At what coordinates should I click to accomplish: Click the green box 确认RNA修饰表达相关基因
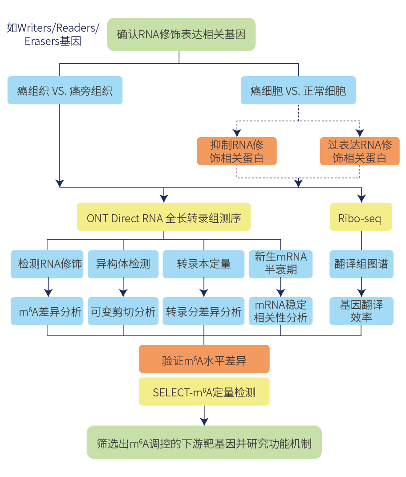(x=181, y=34)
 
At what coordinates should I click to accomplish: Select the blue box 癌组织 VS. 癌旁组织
(x=65, y=90)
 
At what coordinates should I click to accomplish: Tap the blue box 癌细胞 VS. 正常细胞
(x=298, y=90)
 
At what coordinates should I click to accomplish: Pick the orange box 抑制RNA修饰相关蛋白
(x=237, y=151)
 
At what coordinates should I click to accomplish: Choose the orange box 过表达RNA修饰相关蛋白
(x=360, y=151)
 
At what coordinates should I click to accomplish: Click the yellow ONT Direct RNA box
(x=164, y=217)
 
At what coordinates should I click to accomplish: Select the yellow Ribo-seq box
(x=361, y=217)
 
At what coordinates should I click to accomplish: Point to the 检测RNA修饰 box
(x=47, y=264)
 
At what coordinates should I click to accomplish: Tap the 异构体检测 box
(x=123, y=264)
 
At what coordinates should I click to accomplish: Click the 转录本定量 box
(x=204, y=264)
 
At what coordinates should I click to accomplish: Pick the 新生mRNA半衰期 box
(x=280, y=264)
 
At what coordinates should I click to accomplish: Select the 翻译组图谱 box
(x=361, y=264)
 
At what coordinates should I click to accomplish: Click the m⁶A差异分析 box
(x=47, y=311)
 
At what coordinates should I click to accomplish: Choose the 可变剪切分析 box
(x=123, y=311)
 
